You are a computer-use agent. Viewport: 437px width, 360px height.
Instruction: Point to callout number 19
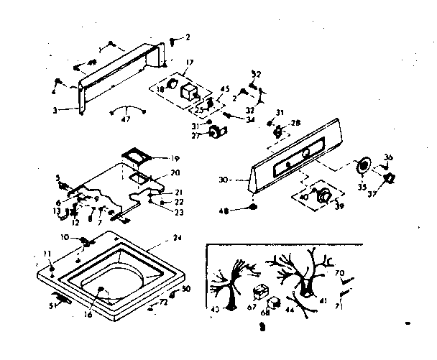(x=175, y=158)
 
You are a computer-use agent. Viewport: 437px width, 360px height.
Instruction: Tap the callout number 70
(x=341, y=273)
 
